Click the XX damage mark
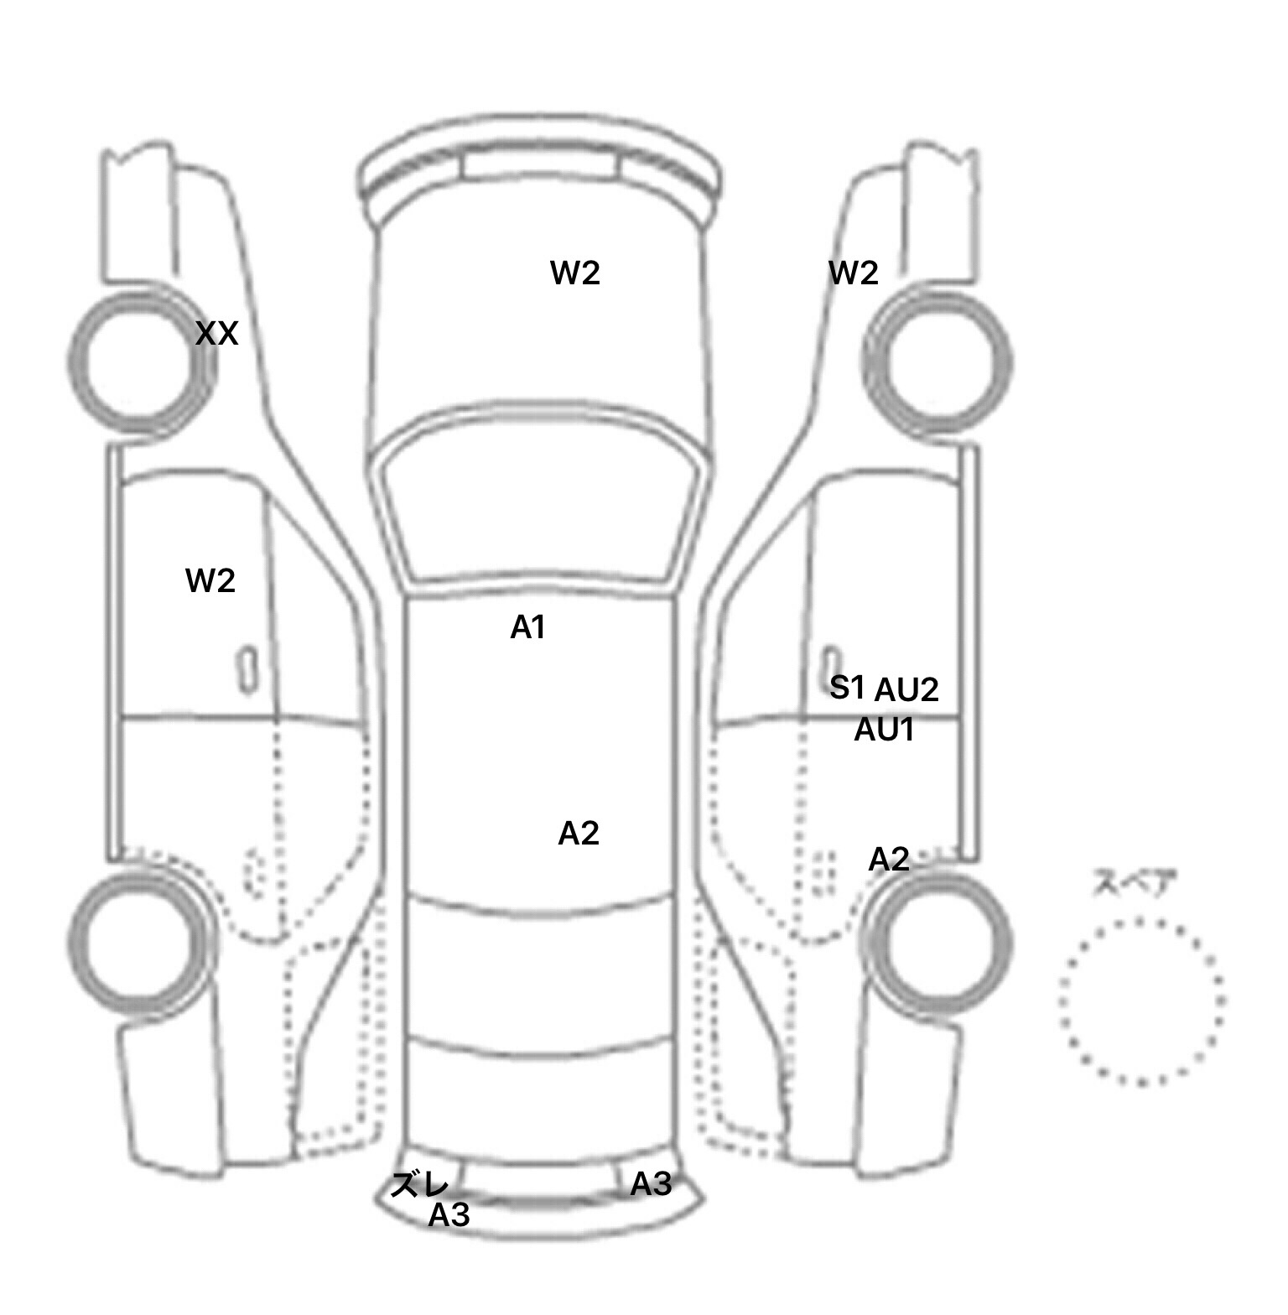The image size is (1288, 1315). pos(217,335)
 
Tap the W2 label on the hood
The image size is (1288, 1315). pos(575,273)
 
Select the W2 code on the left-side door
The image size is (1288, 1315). pos(210,580)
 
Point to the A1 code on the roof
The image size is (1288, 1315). pos(528,626)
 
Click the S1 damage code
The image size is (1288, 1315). pos(847,688)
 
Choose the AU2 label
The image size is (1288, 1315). pos(906,690)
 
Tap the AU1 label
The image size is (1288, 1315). pos(884,730)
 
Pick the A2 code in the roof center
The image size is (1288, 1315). pos(579,834)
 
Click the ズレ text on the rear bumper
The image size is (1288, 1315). pos(420,1185)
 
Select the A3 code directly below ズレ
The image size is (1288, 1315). pos(449,1214)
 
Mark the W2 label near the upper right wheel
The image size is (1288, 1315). pos(854,273)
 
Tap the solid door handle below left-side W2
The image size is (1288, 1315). pos(247,670)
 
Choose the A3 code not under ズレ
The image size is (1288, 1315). pos(651,1184)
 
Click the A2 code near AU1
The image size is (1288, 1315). pos(889,860)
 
